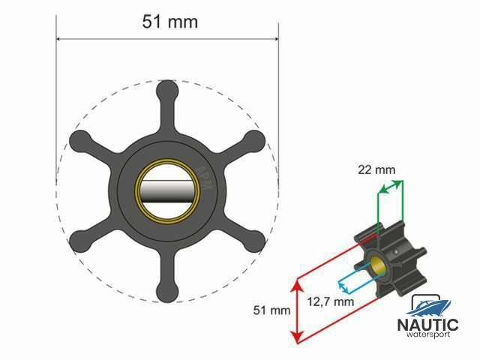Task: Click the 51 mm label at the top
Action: click(x=170, y=21)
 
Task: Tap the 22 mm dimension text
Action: click(x=376, y=170)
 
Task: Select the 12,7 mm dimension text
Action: click(x=331, y=301)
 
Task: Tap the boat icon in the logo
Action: click(x=429, y=306)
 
